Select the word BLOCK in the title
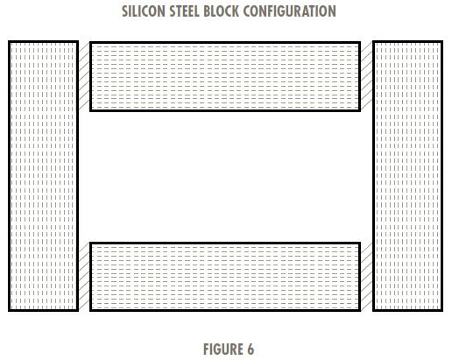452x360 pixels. pyautogui.click(x=222, y=11)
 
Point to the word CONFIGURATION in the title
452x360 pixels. pyautogui.click(x=290, y=11)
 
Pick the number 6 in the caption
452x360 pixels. pyautogui.click(x=251, y=349)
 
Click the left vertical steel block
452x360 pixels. pyautogui.click(x=43, y=176)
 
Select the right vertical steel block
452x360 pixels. pyautogui.click(x=407, y=176)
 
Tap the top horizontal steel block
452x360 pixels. pyautogui.click(x=225, y=76)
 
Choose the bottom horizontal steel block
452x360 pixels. pyautogui.click(x=225, y=277)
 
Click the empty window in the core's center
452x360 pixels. pyautogui.click(x=225, y=177)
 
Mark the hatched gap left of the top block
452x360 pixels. pyautogui.click(x=84, y=76)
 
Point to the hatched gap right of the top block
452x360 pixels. pyautogui.click(x=367, y=76)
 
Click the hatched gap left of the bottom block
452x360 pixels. pyautogui.click(x=84, y=277)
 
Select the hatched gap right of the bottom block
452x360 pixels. pyautogui.click(x=367, y=277)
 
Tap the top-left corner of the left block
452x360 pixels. pyautogui.click(x=9, y=41)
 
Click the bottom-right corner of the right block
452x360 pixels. pyautogui.click(x=443, y=311)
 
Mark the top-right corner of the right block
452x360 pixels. pyautogui.click(x=443, y=41)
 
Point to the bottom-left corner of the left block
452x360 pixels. pyautogui.click(x=9, y=311)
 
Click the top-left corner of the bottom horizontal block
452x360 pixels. pyautogui.click(x=89, y=243)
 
